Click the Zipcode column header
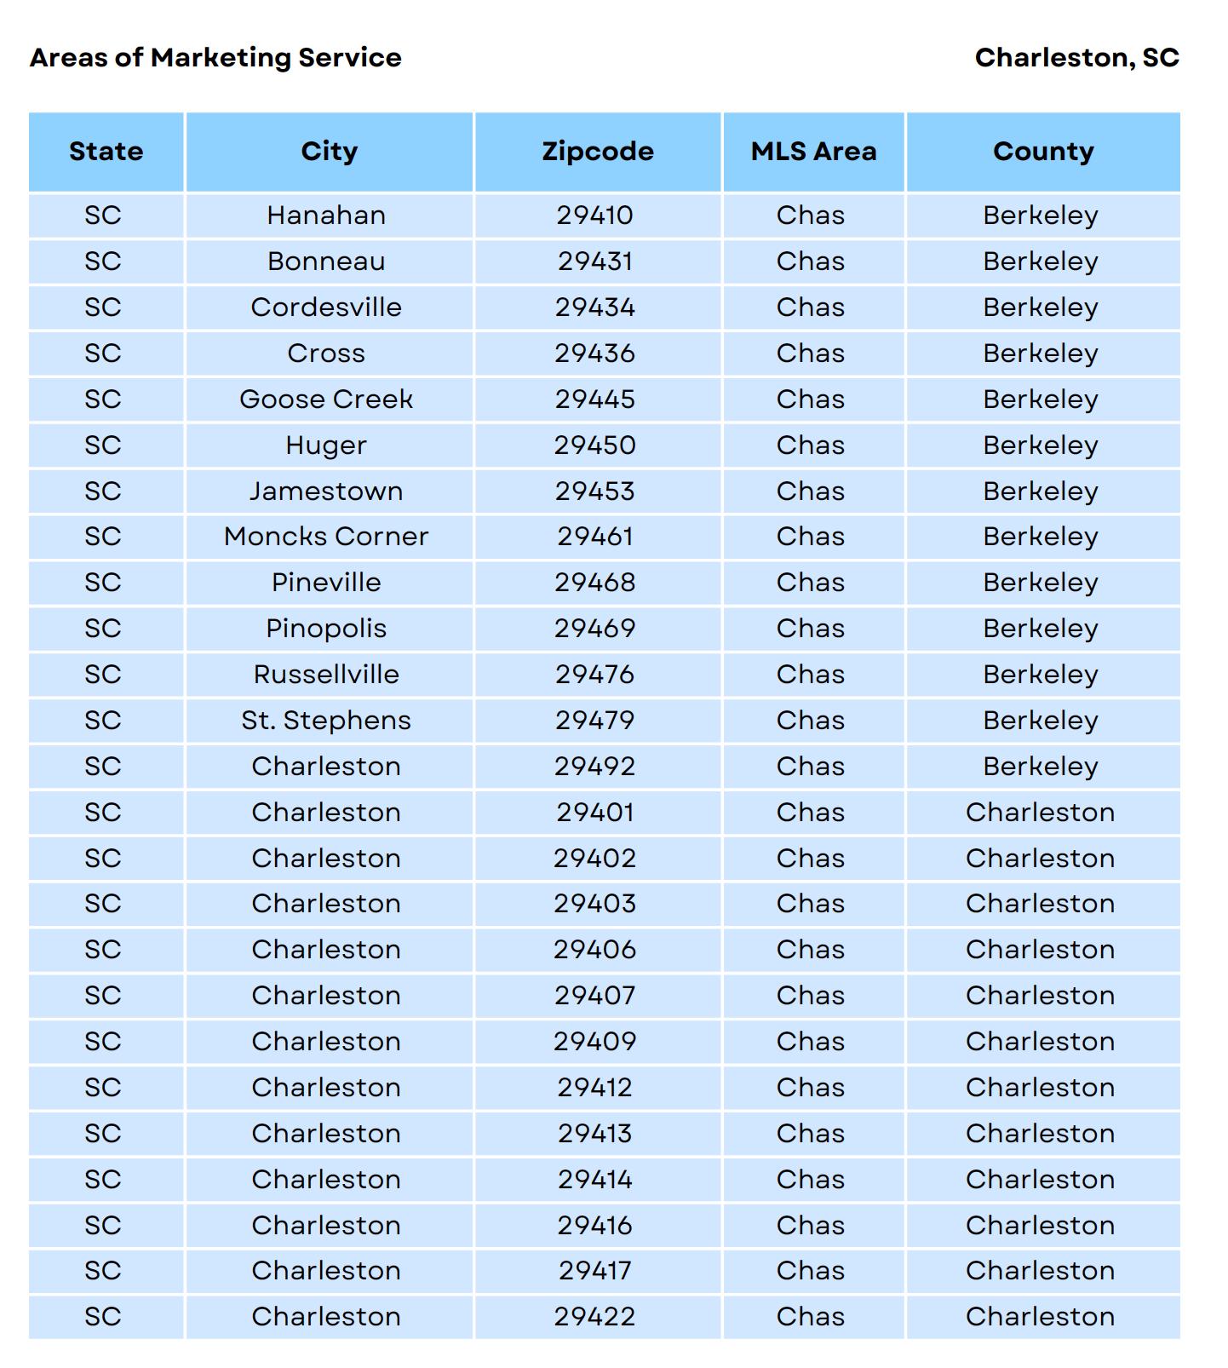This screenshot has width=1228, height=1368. (x=598, y=152)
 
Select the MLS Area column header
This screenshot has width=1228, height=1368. (x=813, y=152)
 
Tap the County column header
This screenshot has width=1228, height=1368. (x=1043, y=152)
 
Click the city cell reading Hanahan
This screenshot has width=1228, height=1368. (x=326, y=216)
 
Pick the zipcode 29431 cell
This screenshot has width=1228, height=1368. (x=595, y=262)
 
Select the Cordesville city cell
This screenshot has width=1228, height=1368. (x=326, y=308)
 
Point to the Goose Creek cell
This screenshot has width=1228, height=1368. (x=326, y=399)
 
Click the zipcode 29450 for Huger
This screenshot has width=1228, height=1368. (x=595, y=445)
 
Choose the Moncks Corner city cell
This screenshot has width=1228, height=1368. (x=326, y=537)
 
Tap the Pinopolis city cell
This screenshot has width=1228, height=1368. (x=326, y=629)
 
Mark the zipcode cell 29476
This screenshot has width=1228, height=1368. (x=595, y=675)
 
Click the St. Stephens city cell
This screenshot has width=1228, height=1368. (x=326, y=721)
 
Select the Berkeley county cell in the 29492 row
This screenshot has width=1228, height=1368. (x=1041, y=767)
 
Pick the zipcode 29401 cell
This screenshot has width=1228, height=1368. (x=595, y=813)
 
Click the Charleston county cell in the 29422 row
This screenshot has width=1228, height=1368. (x=1041, y=1317)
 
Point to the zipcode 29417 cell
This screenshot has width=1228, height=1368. (x=595, y=1271)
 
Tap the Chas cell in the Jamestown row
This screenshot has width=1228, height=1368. (x=811, y=491)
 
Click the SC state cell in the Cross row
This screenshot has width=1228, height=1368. (x=103, y=353)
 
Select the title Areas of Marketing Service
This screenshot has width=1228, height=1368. (x=215, y=58)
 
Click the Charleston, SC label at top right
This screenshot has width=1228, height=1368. (x=1076, y=58)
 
